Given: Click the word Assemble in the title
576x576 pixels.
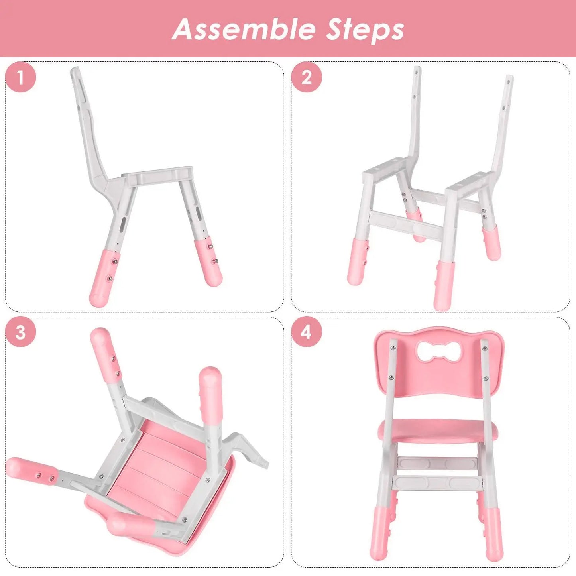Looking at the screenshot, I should (244, 29).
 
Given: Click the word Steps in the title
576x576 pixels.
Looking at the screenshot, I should (365, 29).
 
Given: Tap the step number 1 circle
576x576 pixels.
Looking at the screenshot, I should (21, 77).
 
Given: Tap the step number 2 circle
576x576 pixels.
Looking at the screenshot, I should (306, 77).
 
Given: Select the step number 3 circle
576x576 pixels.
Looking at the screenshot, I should (21, 332).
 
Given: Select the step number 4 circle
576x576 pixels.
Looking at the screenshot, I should (306, 332).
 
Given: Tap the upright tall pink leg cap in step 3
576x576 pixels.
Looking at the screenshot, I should (210, 393).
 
